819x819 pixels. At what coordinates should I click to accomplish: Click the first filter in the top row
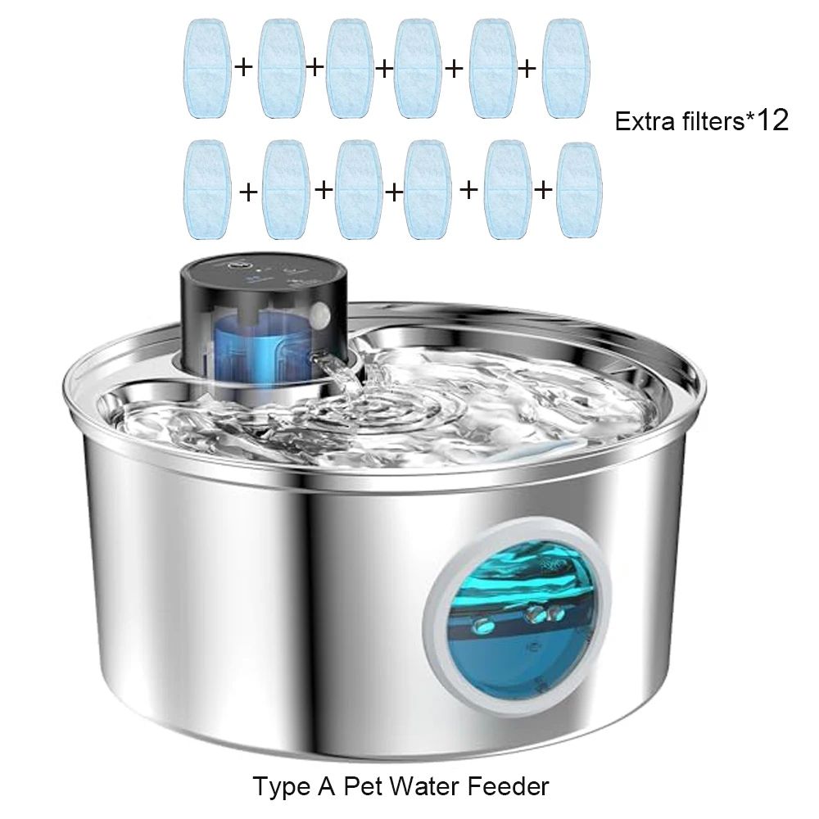[x=207, y=69]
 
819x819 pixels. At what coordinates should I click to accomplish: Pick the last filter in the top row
[x=566, y=69]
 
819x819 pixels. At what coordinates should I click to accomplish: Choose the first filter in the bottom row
[x=207, y=190]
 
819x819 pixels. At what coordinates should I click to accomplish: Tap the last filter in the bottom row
[x=579, y=190]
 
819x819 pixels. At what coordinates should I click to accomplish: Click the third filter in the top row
[x=351, y=69]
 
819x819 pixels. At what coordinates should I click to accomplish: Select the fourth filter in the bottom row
[x=428, y=190]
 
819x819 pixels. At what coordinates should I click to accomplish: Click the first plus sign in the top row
[x=244, y=67]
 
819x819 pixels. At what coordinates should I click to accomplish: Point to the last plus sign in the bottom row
[x=543, y=189]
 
